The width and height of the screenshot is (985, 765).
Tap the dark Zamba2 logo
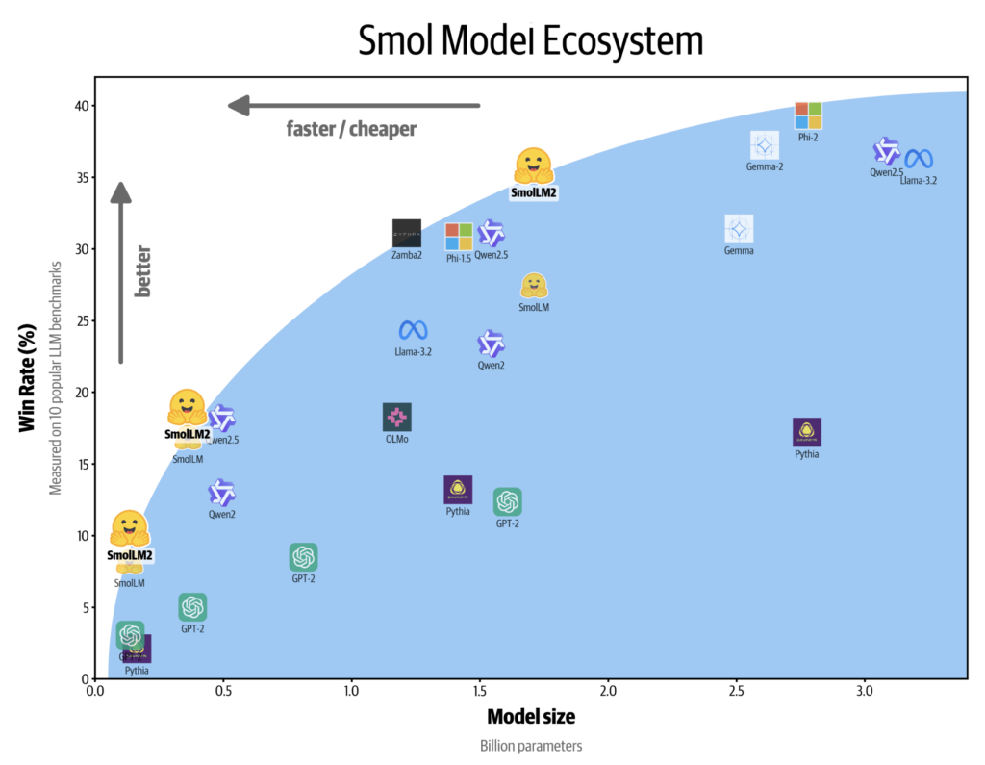pyautogui.click(x=407, y=233)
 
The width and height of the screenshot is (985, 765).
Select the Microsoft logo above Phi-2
pyautogui.click(x=808, y=115)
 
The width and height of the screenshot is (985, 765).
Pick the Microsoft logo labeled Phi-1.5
pyautogui.click(x=459, y=236)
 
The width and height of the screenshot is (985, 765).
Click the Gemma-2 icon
pyautogui.click(x=765, y=145)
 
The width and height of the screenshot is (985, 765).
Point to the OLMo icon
pyautogui.click(x=397, y=417)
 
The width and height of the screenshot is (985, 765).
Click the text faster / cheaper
pyautogui.click(x=351, y=128)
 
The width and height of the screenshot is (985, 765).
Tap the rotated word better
pyautogui.click(x=143, y=271)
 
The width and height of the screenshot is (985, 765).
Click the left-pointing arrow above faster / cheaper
pyautogui.click(x=353, y=105)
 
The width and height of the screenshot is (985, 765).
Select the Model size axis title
pyautogui.click(x=531, y=717)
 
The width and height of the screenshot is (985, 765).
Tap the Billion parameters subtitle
pyautogui.click(x=531, y=746)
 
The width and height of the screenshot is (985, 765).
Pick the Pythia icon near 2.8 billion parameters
pyautogui.click(x=807, y=432)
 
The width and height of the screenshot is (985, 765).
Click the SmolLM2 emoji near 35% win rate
pyautogui.click(x=533, y=166)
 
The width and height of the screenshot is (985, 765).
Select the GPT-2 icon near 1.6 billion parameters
pyautogui.click(x=508, y=501)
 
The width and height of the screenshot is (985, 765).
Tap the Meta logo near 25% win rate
pyautogui.click(x=414, y=330)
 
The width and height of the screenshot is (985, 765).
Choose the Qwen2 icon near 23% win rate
pyautogui.click(x=492, y=344)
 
